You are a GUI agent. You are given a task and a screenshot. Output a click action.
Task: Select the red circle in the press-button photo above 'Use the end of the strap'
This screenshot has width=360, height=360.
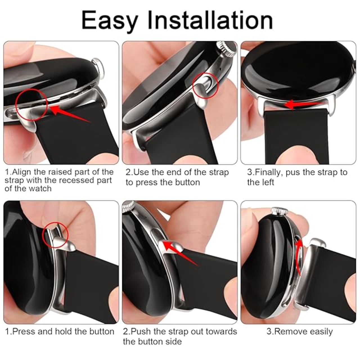point(205,86)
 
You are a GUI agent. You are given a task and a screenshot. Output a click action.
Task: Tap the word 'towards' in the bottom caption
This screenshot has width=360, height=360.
point(221,331)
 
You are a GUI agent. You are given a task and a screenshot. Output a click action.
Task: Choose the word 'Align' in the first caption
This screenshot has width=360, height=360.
point(21,172)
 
